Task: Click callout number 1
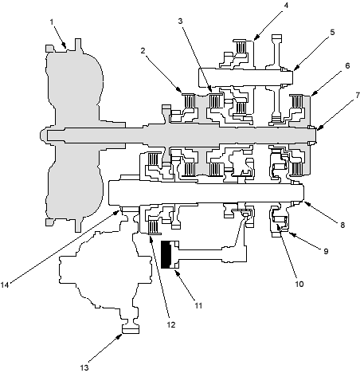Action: point(52,22)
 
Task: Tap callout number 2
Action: point(143,50)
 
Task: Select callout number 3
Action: point(181,21)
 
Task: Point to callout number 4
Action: point(286,5)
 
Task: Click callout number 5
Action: point(332,32)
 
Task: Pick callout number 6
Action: point(347,65)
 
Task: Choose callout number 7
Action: point(358,95)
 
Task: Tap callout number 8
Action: point(342,225)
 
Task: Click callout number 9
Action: point(326,251)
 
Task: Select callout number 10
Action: point(299,284)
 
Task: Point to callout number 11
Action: point(198,305)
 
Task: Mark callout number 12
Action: point(171,324)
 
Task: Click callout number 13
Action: point(84,367)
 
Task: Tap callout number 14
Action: point(5,285)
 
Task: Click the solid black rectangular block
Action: point(166,254)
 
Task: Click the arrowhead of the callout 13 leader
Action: point(119,336)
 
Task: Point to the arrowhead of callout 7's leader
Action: point(319,128)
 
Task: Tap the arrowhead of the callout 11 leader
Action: point(177,272)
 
